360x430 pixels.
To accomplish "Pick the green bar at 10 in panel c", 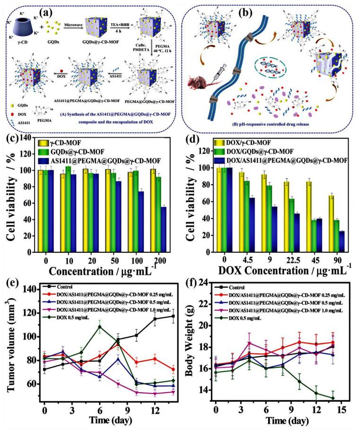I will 68,206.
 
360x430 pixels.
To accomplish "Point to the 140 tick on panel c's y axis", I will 25,138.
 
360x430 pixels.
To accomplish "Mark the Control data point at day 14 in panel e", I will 173,316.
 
